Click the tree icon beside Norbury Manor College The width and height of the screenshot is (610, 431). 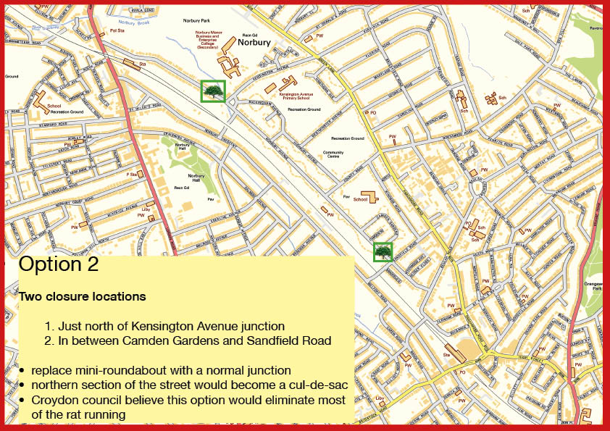[x=213, y=91]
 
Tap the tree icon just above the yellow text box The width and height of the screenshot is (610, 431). [x=383, y=251]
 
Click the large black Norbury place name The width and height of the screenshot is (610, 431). [x=254, y=43]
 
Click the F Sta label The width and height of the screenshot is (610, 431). [x=132, y=174]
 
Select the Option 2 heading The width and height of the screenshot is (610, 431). [x=59, y=264]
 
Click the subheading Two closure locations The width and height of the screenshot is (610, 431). [x=82, y=296]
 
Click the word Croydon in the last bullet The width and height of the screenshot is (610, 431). [x=57, y=401]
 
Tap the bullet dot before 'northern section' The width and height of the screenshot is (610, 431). [x=24, y=385]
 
